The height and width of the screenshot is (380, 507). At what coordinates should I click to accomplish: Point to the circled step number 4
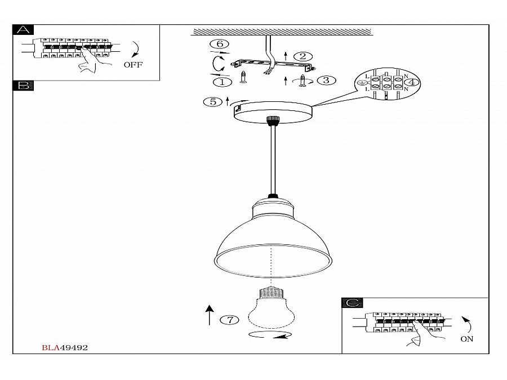[x=413, y=82]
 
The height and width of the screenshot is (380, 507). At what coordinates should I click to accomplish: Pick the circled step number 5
[x=213, y=102]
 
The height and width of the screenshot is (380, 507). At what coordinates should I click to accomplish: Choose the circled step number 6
[x=219, y=44]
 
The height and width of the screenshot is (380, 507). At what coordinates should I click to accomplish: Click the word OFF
[x=133, y=65]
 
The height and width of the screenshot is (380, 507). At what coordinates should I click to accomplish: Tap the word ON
[x=466, y=339]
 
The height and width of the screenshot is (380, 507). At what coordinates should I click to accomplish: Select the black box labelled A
[x=23, y=30]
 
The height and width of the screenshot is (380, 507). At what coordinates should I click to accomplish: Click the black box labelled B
[x=23, y=86]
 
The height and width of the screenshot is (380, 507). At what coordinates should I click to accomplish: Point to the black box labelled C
[x=352, y=303]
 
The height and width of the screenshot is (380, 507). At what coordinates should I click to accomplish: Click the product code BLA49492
[x=65, y=348]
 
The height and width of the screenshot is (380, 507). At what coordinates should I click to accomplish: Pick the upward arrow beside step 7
[x=210, y=315]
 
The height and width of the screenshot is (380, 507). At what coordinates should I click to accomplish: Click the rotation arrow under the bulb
[x=270, y=336]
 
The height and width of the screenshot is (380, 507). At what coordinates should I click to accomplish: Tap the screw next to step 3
[x=304, y=82]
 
